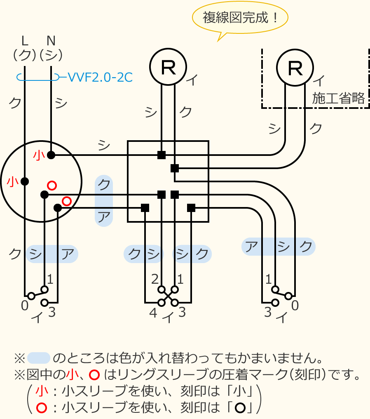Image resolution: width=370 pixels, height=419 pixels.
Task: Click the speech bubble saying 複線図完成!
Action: click(x=240, y=18)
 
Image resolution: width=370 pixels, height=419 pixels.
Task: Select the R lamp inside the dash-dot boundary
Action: click(x=295, y=68)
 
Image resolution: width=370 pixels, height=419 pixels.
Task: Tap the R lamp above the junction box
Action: click(x=168, y=67)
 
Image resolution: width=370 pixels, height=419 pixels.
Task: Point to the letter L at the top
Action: click(x=25, y=41)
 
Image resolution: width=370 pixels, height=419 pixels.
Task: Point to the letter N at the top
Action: click(x=51, y=41)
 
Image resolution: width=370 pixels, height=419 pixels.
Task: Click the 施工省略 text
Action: click(x=338, y=98)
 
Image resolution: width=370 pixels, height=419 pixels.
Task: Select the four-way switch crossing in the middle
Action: click(x=168, y=296)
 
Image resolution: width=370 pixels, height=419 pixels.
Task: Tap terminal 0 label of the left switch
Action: click(x=25, y=306)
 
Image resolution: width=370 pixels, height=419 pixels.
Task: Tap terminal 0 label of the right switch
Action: click(x=295, y=306)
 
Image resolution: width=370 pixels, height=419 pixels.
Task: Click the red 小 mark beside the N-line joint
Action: click(x=39, y=155)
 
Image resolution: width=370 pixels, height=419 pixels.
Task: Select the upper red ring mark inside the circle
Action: click(x=52, y=185)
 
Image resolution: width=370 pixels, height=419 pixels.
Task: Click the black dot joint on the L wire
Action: click(x=25, y=181)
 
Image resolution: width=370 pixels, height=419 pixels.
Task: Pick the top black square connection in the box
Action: click(x=162, y=155)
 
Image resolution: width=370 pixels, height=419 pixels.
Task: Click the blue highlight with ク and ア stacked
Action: click(x=104, y=201)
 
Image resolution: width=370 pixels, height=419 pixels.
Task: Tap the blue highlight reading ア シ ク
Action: click(x=279, y=247)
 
